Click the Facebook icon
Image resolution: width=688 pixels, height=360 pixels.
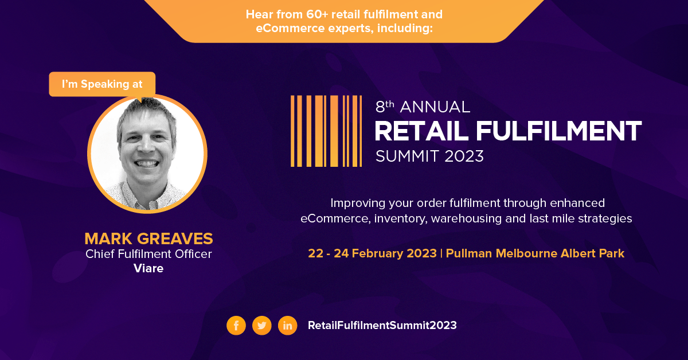[236, 325]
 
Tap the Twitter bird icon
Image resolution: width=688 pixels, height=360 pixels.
[261, 325]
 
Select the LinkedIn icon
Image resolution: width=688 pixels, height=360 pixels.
[287, 325]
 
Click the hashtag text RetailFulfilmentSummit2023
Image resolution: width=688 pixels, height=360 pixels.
[382, 325]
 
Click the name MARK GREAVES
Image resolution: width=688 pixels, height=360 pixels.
[148, 238]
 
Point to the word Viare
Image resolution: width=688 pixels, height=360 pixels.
[148, 268]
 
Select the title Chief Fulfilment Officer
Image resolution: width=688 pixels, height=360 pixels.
[148, 254]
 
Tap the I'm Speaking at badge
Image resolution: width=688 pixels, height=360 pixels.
[102, 84]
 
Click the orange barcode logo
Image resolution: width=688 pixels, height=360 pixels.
[326, 131]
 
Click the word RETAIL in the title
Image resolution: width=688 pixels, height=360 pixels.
[421, 131]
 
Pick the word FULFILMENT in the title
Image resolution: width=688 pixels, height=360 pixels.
[558, 131]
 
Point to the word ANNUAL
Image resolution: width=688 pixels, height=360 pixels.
[435, 107]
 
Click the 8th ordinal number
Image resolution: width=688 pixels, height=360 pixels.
[385, 106]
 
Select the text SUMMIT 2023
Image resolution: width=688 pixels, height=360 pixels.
[429, 156]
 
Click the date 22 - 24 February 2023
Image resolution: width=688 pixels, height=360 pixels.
[372, 253]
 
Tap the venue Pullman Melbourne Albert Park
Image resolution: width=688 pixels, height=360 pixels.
[535, 253]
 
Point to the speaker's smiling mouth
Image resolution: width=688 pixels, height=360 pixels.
[147, 163]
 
